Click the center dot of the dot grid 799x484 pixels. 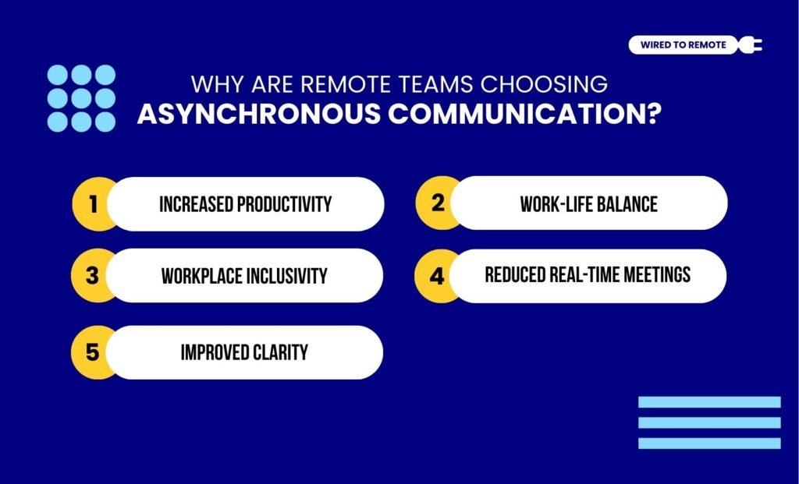[x=81, y=98]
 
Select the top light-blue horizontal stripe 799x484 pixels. [x=708, y=402]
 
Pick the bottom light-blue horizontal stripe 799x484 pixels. [x=708, y=443]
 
